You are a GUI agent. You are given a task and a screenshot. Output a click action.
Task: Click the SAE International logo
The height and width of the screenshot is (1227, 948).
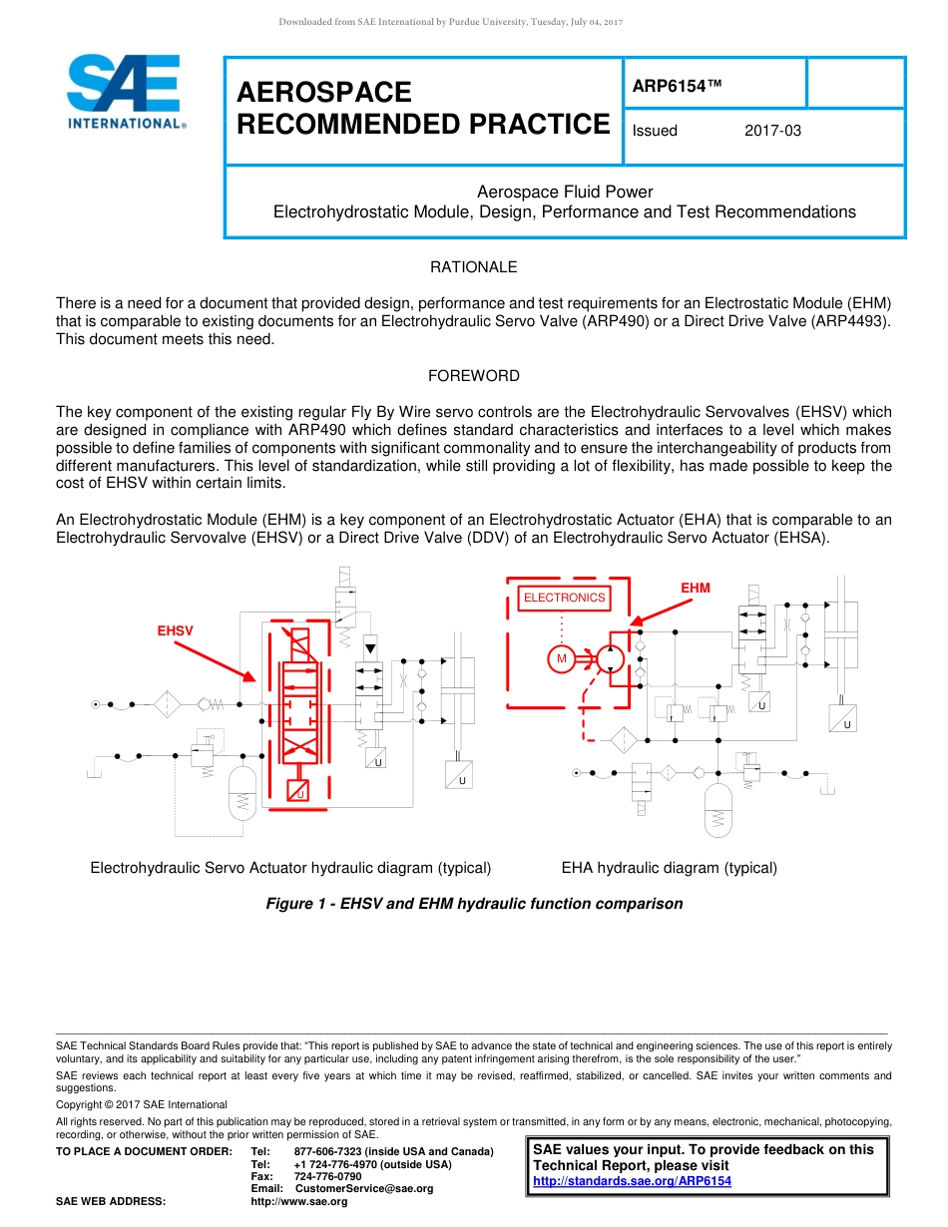click(124, 92)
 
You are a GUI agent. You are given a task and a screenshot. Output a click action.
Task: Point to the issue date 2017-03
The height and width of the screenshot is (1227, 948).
click(772, 131)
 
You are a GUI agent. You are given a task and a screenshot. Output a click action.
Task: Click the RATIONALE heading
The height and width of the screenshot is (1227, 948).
click(473, 267)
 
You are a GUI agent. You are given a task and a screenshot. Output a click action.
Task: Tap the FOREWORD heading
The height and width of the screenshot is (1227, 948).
click(473, 376)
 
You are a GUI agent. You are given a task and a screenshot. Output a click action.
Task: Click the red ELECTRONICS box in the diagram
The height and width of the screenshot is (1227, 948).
click(564, 598)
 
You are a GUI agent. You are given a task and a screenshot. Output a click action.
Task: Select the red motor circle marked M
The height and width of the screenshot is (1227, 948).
click(561, 658)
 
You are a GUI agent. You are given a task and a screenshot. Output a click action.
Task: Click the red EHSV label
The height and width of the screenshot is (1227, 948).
click(175, 630)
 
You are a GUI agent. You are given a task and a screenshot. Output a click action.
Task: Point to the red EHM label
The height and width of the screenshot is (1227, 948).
click(696, 588)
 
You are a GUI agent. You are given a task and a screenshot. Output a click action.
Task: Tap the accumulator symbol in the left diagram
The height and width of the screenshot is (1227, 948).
click(242, 792)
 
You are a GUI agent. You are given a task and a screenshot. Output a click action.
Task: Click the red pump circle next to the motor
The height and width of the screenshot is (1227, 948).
click(611, 658)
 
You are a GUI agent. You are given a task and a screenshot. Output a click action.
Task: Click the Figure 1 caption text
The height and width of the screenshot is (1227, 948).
click(474, 904)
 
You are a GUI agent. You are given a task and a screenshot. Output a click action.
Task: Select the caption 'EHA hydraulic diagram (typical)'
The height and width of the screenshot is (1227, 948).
click(669, 868)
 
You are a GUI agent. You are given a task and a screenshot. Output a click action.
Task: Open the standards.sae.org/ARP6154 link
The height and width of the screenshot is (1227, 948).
click(632, 1181)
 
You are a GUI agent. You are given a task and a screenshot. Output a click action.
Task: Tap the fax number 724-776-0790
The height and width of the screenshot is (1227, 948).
click(327, 1176)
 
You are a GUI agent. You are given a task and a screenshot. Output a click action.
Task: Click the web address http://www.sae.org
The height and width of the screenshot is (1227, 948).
click(299, 1201)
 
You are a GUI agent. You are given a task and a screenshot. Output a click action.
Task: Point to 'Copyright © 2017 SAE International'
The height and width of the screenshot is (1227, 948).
click(142, 1104)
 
